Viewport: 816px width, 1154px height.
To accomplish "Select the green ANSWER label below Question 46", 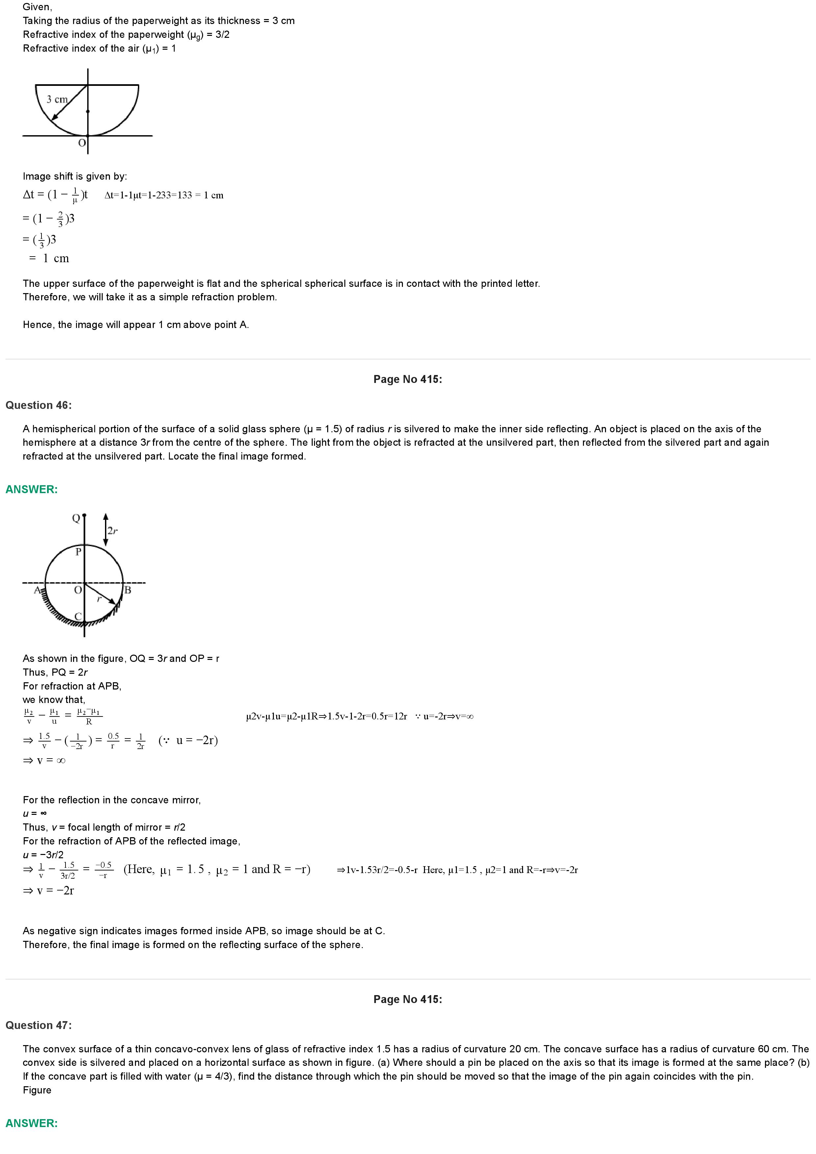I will point(31,489).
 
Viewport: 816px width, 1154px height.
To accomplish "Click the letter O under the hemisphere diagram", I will point(82,143).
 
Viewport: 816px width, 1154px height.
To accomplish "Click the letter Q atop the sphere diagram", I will point(76,518).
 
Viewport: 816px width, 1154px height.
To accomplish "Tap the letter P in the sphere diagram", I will point(78,552).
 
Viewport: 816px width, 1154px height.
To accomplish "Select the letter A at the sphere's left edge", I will point(37,590).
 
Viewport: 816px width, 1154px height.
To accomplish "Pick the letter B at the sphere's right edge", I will point(128,590).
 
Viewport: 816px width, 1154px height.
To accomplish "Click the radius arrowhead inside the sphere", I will point(113,601).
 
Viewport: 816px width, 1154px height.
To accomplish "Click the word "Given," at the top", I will point(37,7).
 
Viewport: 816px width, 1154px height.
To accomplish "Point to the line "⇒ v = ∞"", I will point(44,761).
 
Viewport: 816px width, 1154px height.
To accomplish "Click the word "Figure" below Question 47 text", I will point(37,1090).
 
